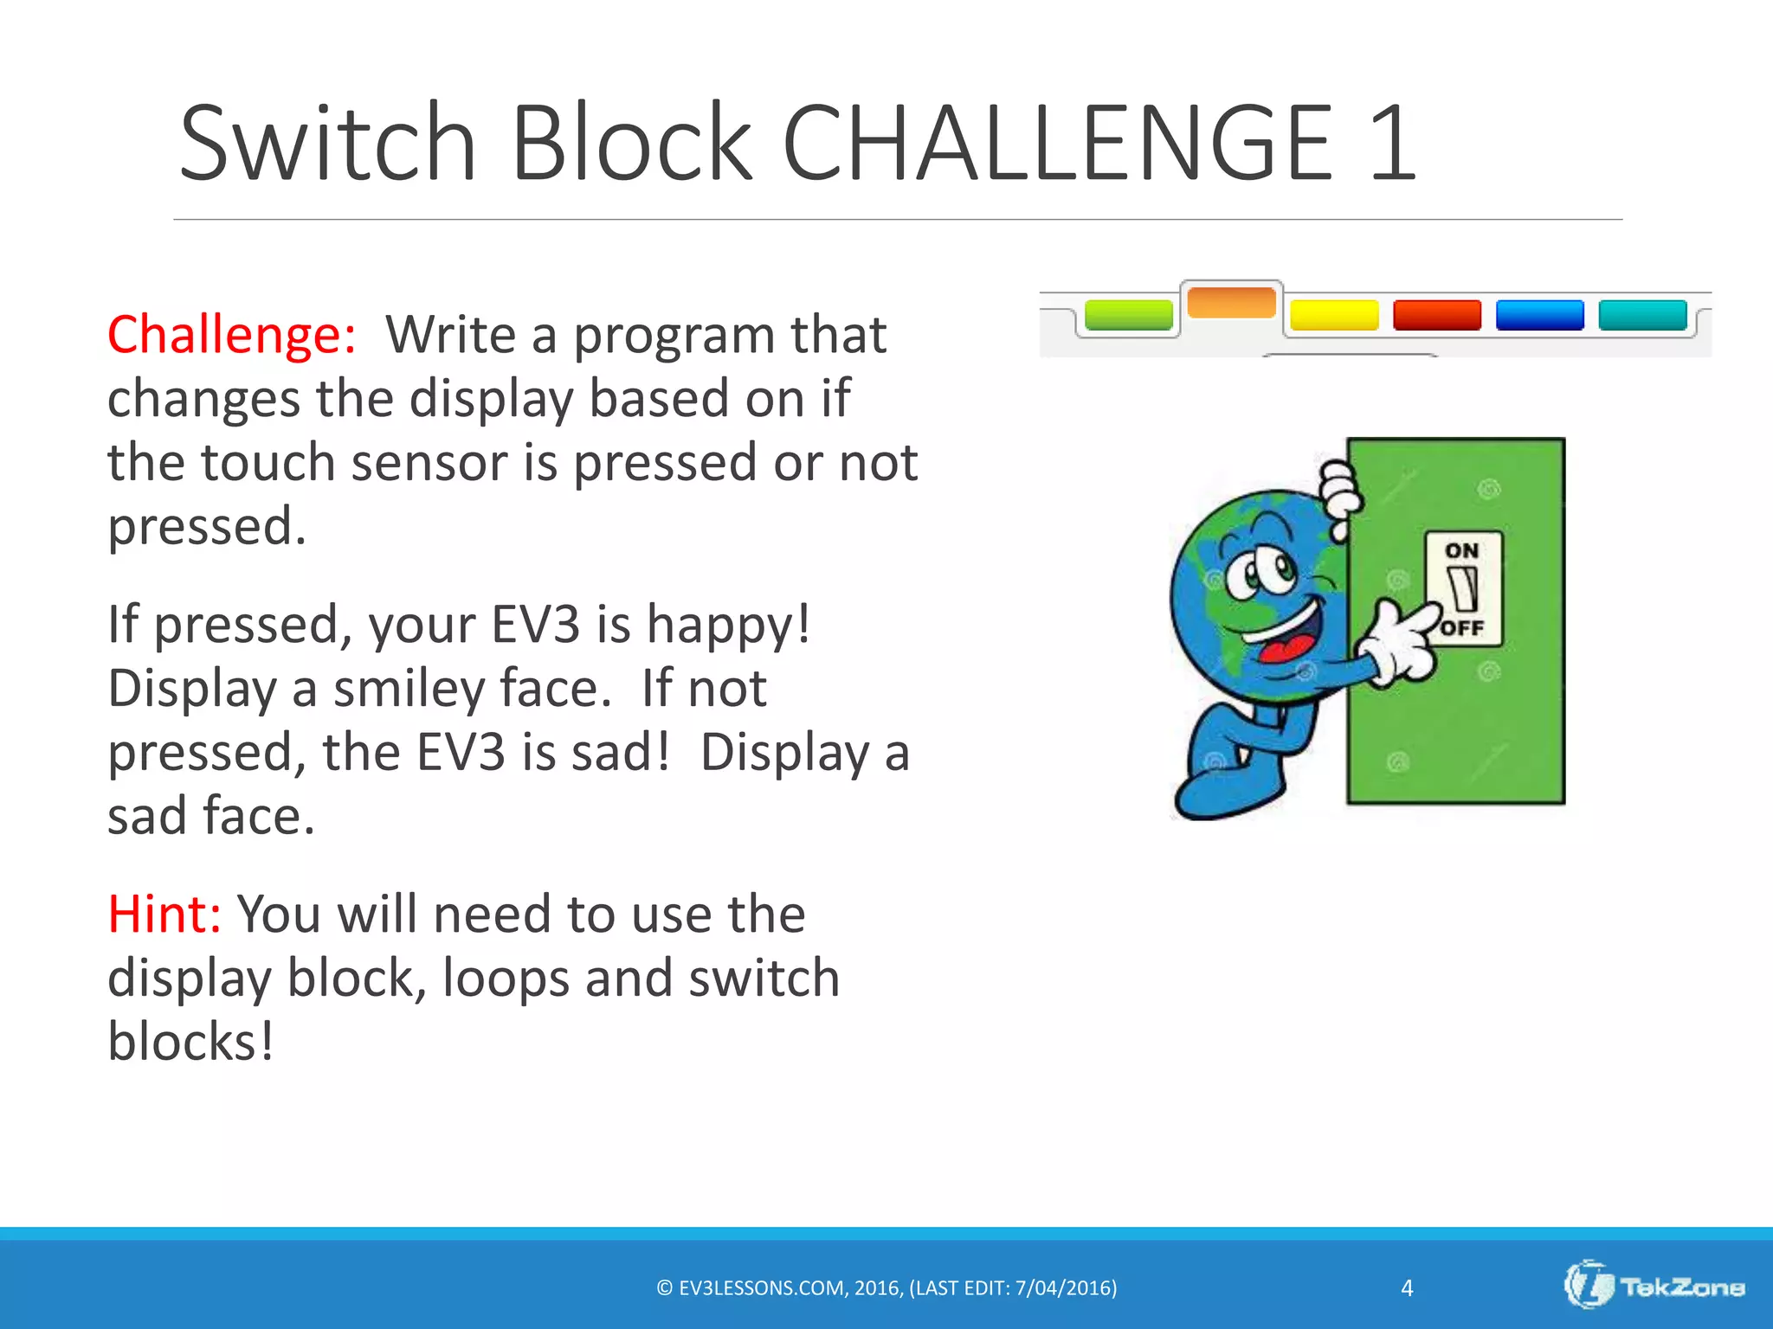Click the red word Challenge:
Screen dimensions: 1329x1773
(x=231, y=335)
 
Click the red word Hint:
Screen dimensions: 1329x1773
(x=164, y=915)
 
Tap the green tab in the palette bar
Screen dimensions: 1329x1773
(x=1128, y=315)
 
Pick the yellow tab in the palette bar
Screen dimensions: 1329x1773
(x=1334, y=315)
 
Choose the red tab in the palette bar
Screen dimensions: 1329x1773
(x=1437, y=315)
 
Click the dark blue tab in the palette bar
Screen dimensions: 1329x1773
(x=1539, y=315)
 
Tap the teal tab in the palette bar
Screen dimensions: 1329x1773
(x=1642, y=315)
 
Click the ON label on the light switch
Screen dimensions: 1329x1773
(x=1462, y=551)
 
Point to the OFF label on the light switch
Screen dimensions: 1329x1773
(x=1463, y=627)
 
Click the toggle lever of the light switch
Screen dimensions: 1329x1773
(x=1463, y=589)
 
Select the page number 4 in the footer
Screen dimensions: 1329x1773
(x=1407, y=1288)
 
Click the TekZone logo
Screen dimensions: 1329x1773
(x=1654, y=1287)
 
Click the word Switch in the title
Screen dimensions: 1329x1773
(x=328, y=144)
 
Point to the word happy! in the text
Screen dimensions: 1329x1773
(x=729, y=626)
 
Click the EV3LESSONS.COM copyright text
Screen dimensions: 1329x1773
(x=886, y=1288)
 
